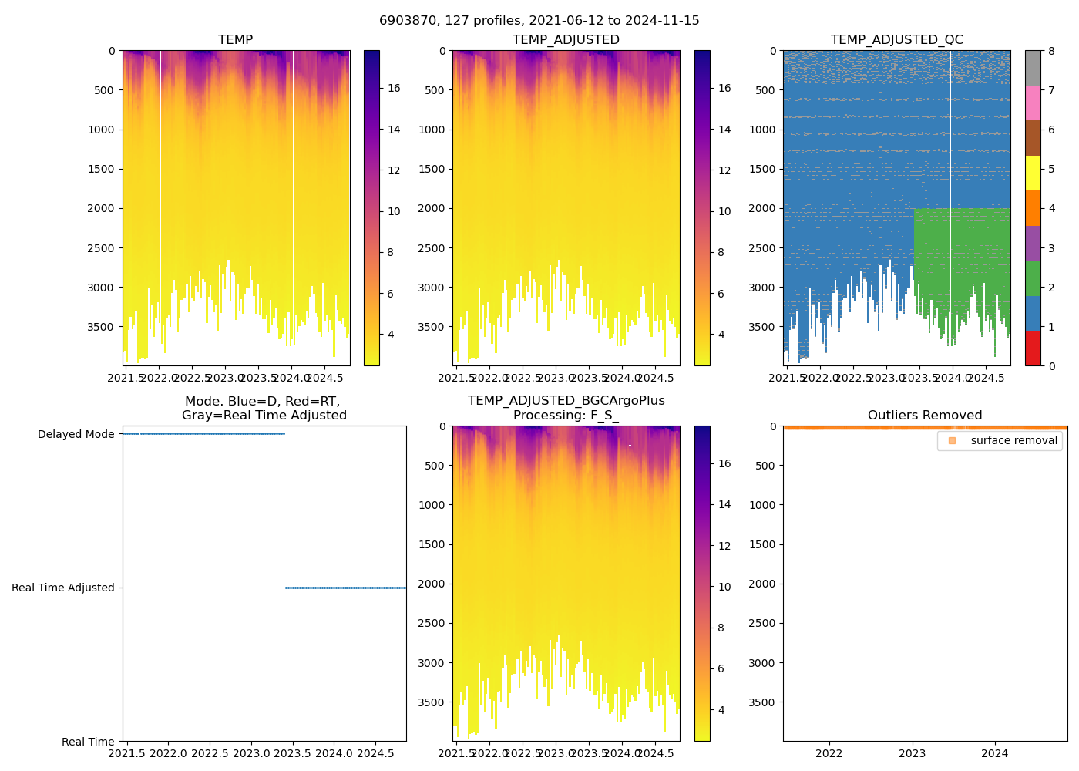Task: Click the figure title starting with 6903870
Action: click(x=539, y=21)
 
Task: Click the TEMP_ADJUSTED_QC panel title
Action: click(x=896, y=40)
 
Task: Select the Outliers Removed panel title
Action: click(x=925, y=416)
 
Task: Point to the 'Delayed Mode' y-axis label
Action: click(x=76, y=435)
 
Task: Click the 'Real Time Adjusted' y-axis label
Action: click(x=62, y=588)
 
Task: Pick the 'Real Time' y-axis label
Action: click(x=88, y=742)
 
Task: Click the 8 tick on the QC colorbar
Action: click(x=1052, y=51)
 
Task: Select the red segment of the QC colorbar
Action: click(x=1033, y=348)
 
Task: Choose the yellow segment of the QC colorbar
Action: click(x=1033, y=173)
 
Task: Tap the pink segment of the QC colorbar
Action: click(x=1033, y=103)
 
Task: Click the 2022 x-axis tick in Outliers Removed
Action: click(x=829, y=753)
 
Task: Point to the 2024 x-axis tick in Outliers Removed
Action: click(x=995, y=753)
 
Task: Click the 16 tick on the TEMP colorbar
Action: click(x=394, y=88)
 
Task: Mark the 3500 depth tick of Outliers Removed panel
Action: click(x=763, y=702)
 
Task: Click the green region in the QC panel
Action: click(x=963, y=254)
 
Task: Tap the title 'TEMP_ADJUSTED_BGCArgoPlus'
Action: click(x=566, y=401)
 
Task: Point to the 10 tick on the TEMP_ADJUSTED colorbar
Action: click(x=724, y=212)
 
